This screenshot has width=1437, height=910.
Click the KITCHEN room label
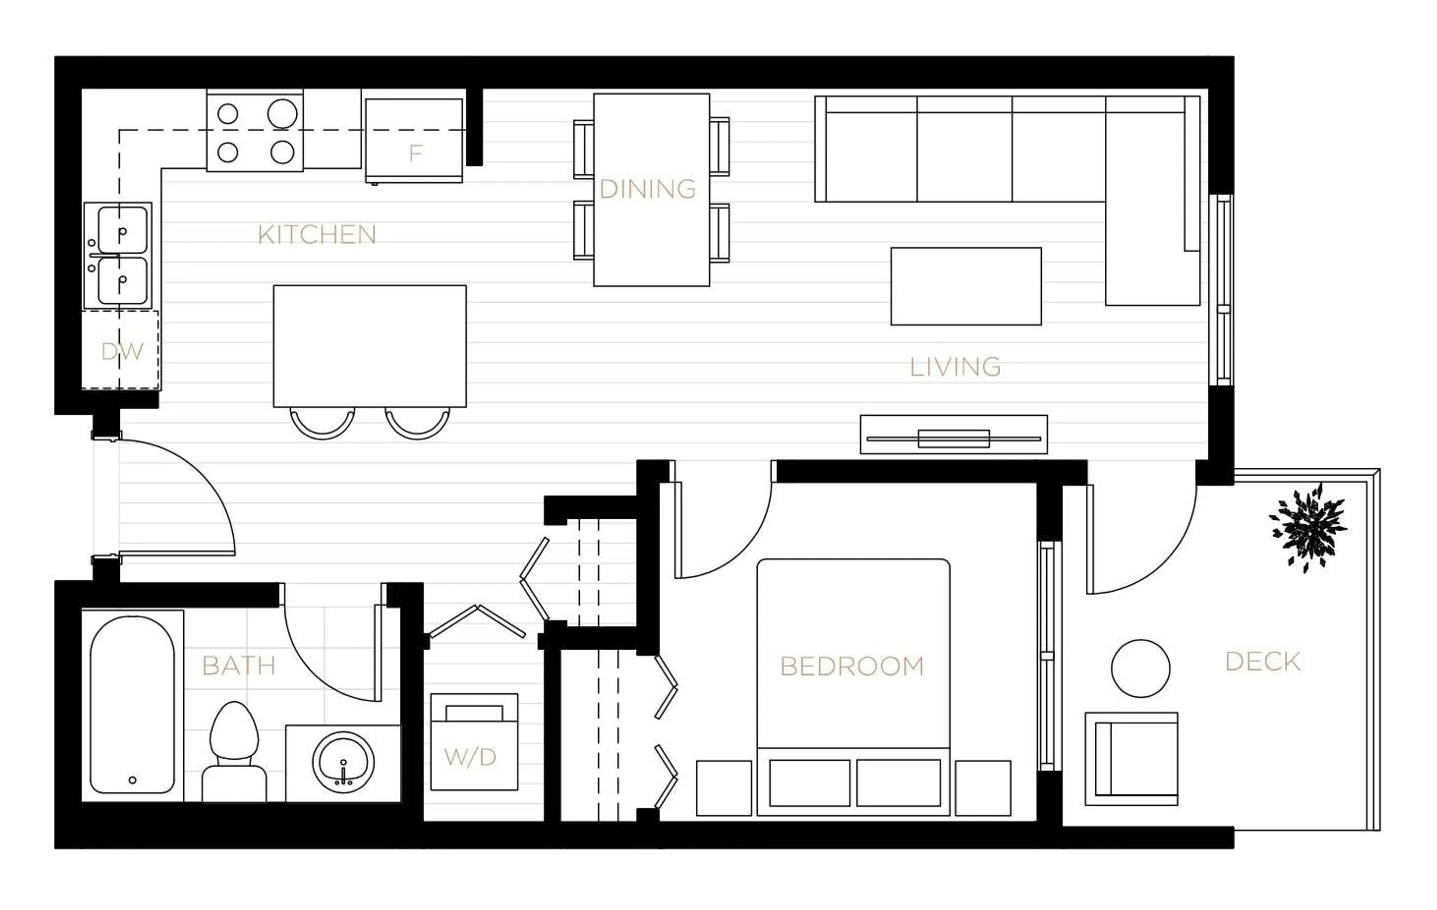click(x=317, y=235)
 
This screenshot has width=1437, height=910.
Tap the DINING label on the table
click(x=647, y=189)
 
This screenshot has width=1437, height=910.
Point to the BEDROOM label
click(x=852, y=666)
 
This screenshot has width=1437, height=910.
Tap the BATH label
click(x=239, y=665)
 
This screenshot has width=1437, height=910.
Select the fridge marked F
click(x=414, y=141)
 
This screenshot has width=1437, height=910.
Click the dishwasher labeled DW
click(x=121, y=351)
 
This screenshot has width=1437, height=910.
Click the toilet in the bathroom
click(x=235, y=752)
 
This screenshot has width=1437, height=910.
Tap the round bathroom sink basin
click(x=343, y=762)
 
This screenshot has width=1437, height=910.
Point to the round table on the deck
click(x=1140, y=668)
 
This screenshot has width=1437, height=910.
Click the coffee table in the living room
click(x=965, y=286)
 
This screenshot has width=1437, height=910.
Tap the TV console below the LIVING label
click(x=953, y=434)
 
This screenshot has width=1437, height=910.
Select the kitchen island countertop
click(x=369, y=346)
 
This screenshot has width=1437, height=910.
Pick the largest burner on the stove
click(x=282, y=113)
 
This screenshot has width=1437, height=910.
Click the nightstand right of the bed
click(x=982, y=788)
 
